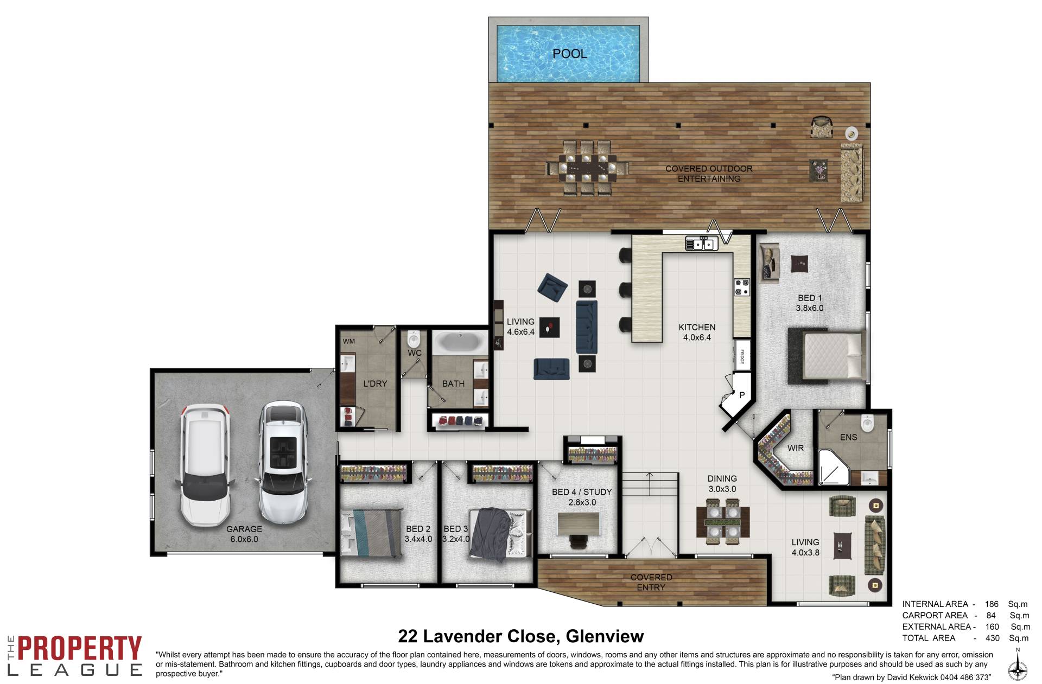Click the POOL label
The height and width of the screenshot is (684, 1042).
(x=569, y=54)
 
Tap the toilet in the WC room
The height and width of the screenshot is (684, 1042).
(x=414, y=340)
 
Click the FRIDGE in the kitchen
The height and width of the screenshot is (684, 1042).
(x=742, y=355)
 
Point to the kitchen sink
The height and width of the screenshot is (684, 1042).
(x=702, y=244)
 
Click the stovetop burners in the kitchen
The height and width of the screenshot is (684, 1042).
(x=742, y=287)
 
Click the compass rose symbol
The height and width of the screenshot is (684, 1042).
(x=1018, y=669)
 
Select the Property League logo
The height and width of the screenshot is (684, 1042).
(x=74, y=655)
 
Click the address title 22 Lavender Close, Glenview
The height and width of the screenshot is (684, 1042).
(x=521, y=636)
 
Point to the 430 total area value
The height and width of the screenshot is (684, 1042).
(x=992, y=638)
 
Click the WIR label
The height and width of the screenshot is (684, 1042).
(x=796, y=448)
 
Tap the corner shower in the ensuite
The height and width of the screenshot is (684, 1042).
(x=834, y=467)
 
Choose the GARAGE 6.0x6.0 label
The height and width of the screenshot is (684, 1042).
(x=244, y=534)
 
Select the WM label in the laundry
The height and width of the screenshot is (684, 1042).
(x=348, y=341)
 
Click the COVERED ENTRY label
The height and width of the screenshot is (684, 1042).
(x=651, y=582)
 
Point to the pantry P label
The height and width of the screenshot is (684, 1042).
(x=742, y=395)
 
